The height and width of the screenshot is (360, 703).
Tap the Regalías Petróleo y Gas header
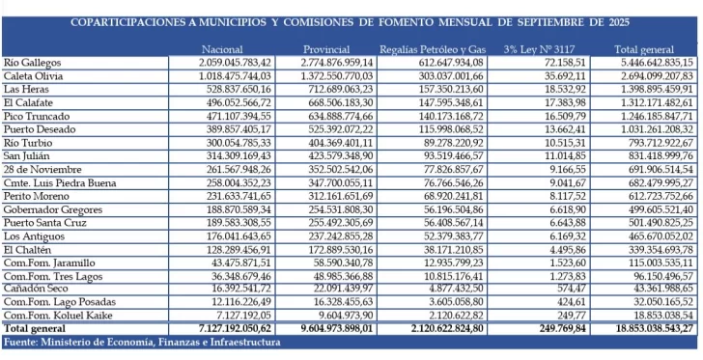tap(432, 49)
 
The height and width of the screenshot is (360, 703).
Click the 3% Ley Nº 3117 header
tap(539, 49)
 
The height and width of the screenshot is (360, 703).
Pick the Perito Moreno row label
tap(35, 221)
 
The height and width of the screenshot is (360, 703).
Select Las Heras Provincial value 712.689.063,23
tap(332, 89)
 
